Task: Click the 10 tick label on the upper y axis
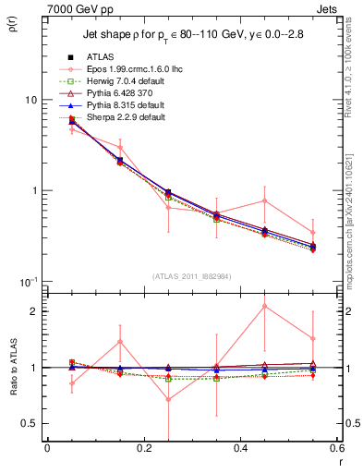(x=31, y=100)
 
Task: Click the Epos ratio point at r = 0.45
(x=264, y=306)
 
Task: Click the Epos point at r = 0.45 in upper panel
(x=264, y=200)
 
